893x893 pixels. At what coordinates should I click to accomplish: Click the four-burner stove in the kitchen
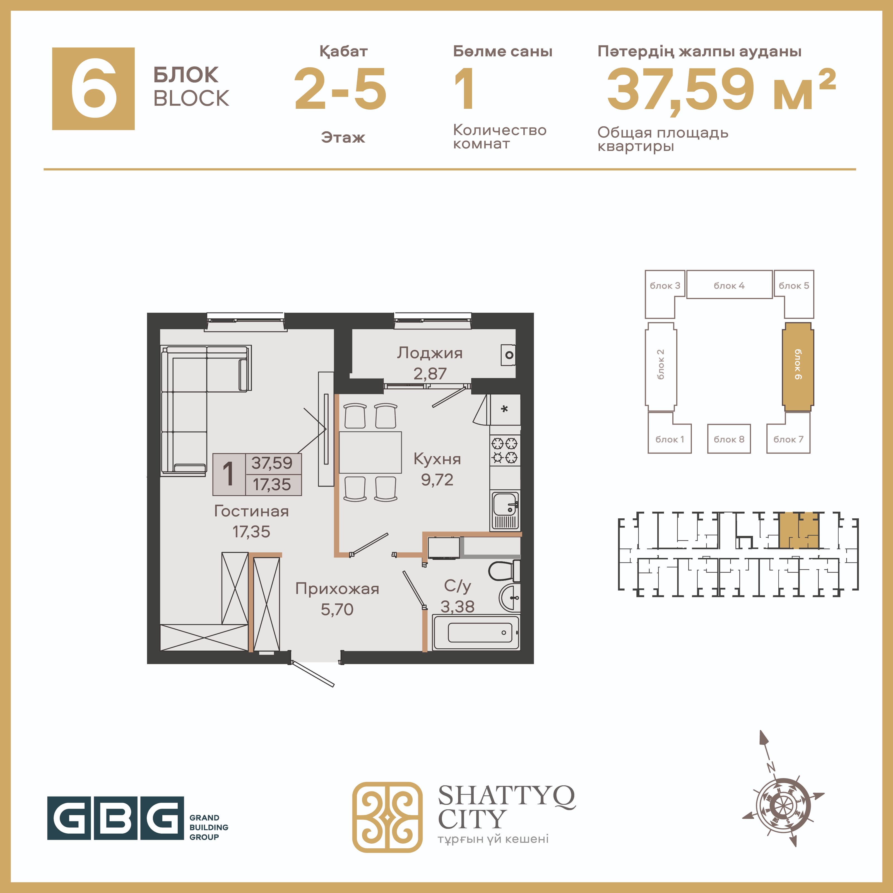coord(505,451)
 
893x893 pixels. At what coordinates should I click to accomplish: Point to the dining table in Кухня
coord(370,452)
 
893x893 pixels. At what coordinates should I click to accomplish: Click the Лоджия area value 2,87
coord(430,374)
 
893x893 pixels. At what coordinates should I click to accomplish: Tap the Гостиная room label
coord(251,511)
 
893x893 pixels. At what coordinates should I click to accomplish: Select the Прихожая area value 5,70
coord(337,609)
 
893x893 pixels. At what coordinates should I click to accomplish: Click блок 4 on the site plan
coord(729,285)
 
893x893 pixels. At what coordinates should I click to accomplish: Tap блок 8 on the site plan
coord(729,439)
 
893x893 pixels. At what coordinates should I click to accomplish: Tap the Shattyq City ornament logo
coord(387,817)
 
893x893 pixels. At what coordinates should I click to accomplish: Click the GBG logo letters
coord(115,818)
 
